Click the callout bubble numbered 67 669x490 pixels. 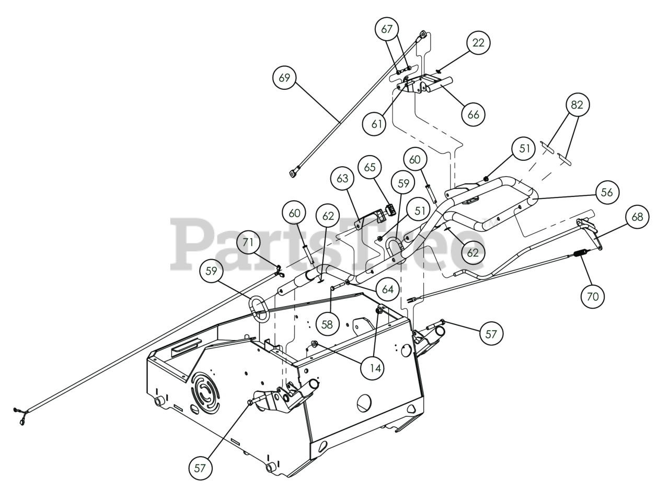coord(387,29)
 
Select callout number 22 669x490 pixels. coord(478,43)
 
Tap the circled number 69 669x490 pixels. coord(284,78)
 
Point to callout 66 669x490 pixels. coord(473,114)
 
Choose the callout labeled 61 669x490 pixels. coord(374,124)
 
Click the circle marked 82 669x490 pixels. coord(576,105)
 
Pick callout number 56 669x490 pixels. coord(606,192)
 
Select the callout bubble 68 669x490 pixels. coord(637,217)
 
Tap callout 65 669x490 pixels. coord(370,168)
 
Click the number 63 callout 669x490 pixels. coord(342,179)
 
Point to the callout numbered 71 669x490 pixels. coord(248,242)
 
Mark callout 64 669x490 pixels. coord(388,289)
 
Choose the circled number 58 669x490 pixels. coord(327,324)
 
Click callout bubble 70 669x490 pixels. coord(592,297)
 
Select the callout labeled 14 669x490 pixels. coord(375,368)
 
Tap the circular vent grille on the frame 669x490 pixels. coord(204,392)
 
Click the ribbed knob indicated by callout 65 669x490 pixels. coord(390,211)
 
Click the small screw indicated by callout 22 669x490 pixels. coord(438,71)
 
